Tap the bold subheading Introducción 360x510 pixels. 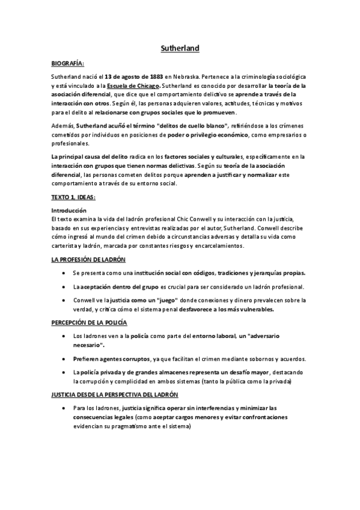coord(69,210)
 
